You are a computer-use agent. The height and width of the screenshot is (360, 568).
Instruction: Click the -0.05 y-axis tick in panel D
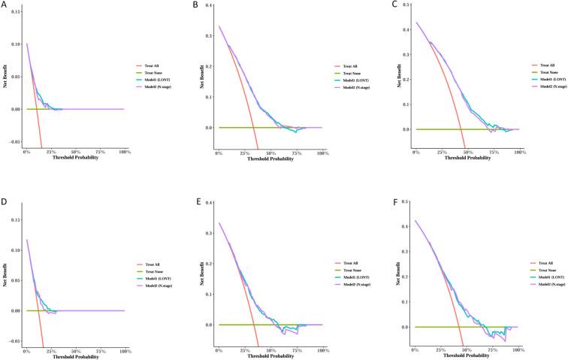coord(15,341)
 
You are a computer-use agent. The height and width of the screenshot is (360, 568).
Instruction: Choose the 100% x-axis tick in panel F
coord(517,352)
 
